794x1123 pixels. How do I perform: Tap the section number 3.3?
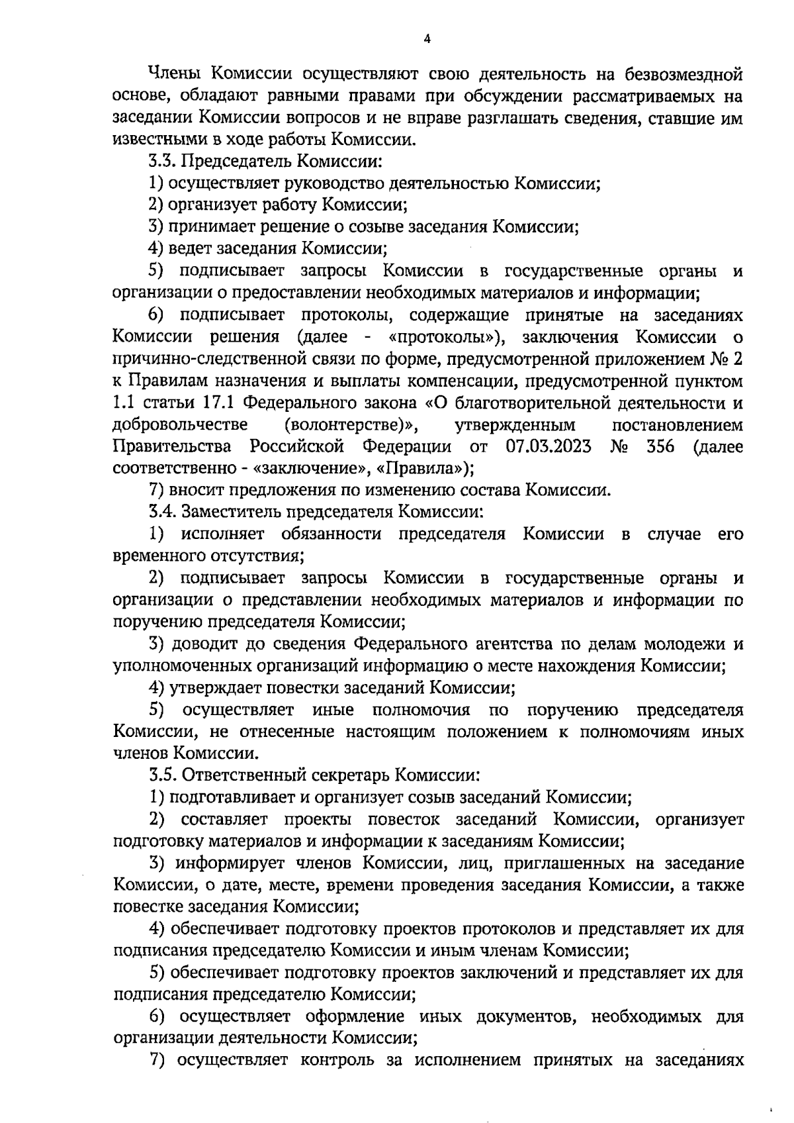tap(161, 161)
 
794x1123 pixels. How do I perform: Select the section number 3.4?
tap(161, 512)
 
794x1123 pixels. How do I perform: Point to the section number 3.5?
tap(161, 774)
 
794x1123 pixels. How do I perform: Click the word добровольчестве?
tap(181, 424)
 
